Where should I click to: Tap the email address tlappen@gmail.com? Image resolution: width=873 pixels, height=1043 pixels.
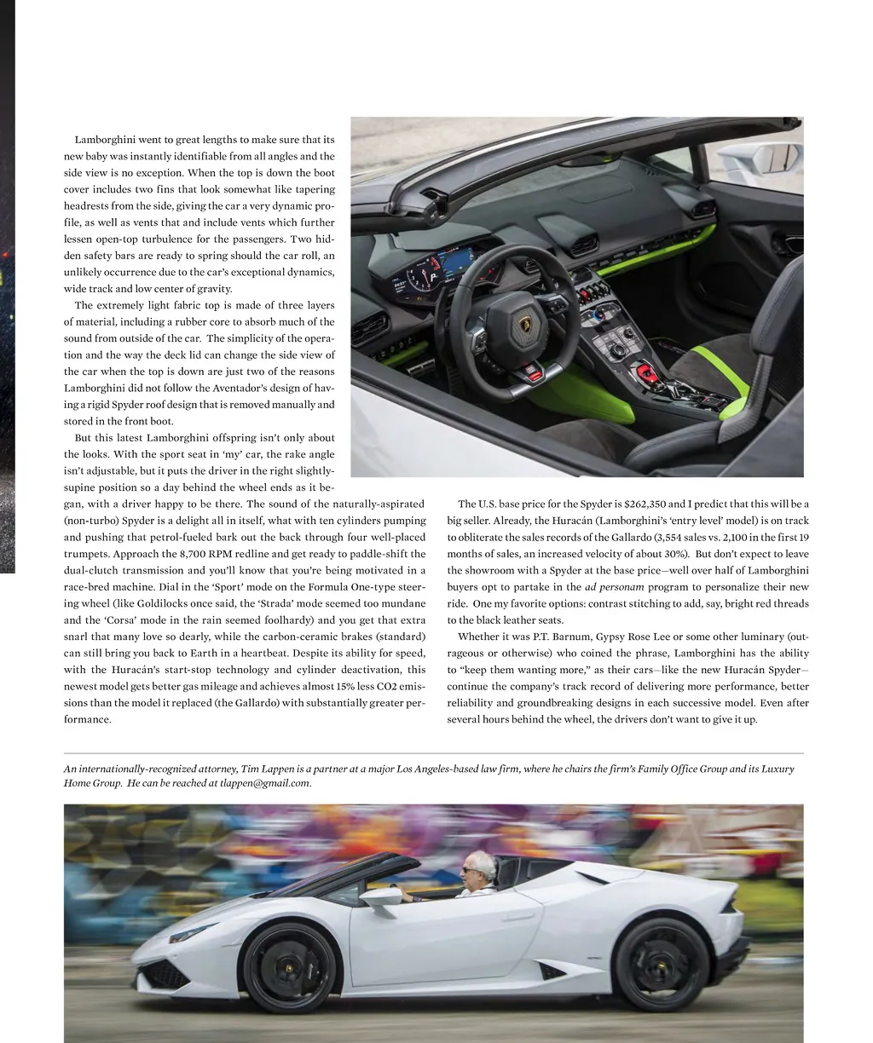pyautogui.click(x=264, y=783)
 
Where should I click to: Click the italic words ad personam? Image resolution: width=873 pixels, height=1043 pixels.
pyautogui.click(x=614, y=587)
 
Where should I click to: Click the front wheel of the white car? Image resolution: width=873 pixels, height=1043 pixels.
pyautogui.click(x=289, y=968)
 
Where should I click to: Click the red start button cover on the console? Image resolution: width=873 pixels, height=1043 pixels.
pyautogui.click(x=645, y=372)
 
